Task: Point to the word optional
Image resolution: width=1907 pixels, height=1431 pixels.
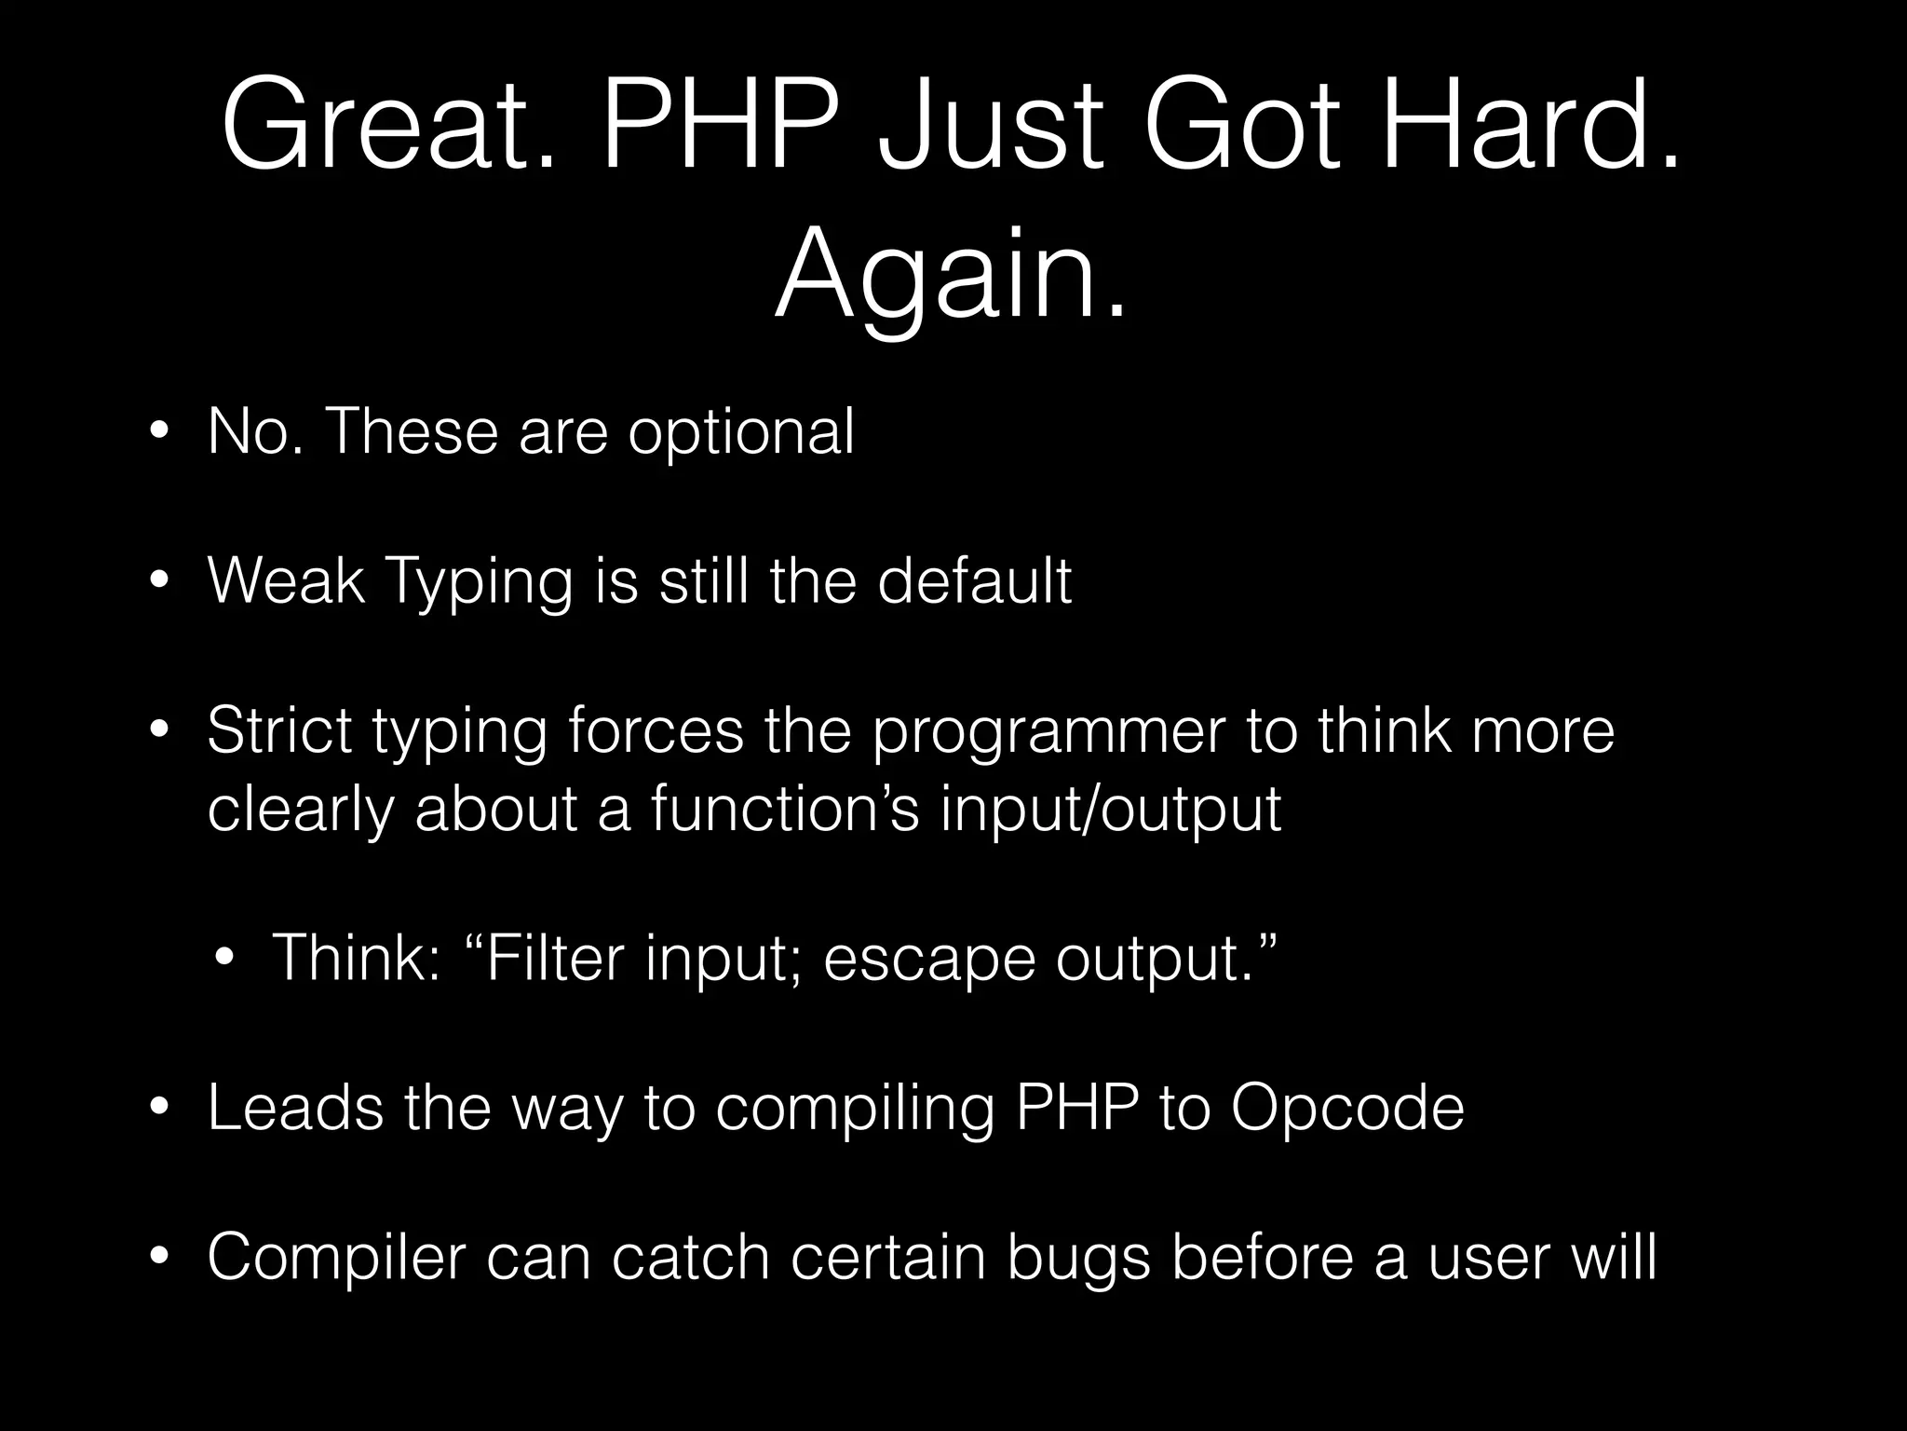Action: pyautogui.click(x=740, y=433)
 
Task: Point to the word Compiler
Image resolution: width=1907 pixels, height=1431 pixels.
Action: pyautogui.click(x=335, y=1259)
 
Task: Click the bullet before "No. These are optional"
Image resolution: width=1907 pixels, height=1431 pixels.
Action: pyautogui.click(x=160, y=434)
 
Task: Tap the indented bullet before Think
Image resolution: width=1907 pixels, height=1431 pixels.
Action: pyautogui.click(x=224, y=959)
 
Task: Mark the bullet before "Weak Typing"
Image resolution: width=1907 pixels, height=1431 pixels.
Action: pyautogui.click(x=160, y=582)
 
